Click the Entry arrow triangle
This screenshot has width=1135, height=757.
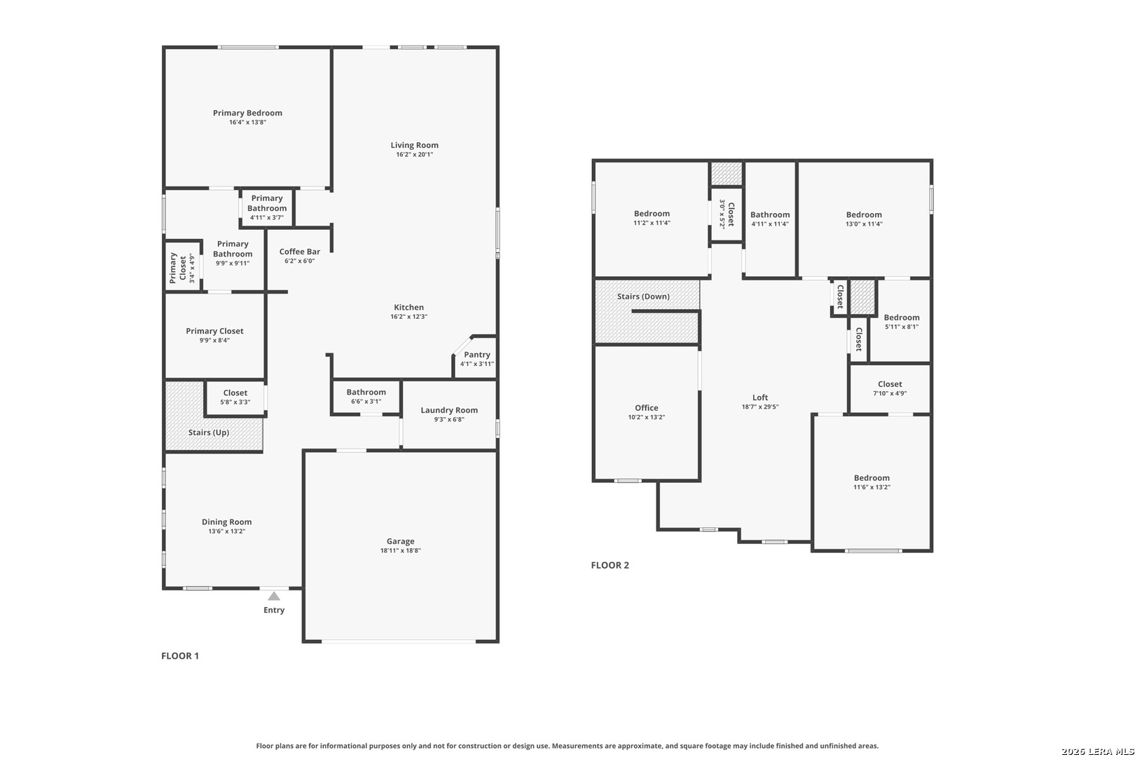tap(274, 596)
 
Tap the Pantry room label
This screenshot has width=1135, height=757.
tap(477, 355)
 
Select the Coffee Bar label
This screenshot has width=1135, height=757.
tap(299, 252)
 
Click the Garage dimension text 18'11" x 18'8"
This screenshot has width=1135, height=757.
tap(401, 551)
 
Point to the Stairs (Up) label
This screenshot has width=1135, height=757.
tap(208, 432)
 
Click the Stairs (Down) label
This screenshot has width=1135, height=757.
tap(643, 296)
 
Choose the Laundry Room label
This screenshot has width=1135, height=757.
tap(449, 410)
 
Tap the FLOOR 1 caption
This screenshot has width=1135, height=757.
tap(180, 656)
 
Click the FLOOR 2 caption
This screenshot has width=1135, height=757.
tap(610, 565)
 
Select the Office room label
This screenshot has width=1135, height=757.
tap(646, 408)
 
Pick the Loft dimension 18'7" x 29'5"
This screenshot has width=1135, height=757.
tap(760, 407)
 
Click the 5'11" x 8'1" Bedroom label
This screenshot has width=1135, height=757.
tap(901, 318)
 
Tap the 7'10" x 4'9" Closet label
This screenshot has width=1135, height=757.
tap(890, 384)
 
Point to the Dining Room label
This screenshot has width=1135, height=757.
tap(226, 521)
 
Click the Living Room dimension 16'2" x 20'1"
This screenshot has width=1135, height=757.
tap(414, 154)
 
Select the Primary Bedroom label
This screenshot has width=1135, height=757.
tap(247, 113)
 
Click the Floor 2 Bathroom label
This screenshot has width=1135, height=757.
tap(769, 215)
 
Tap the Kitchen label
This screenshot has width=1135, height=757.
tap(408, 307)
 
